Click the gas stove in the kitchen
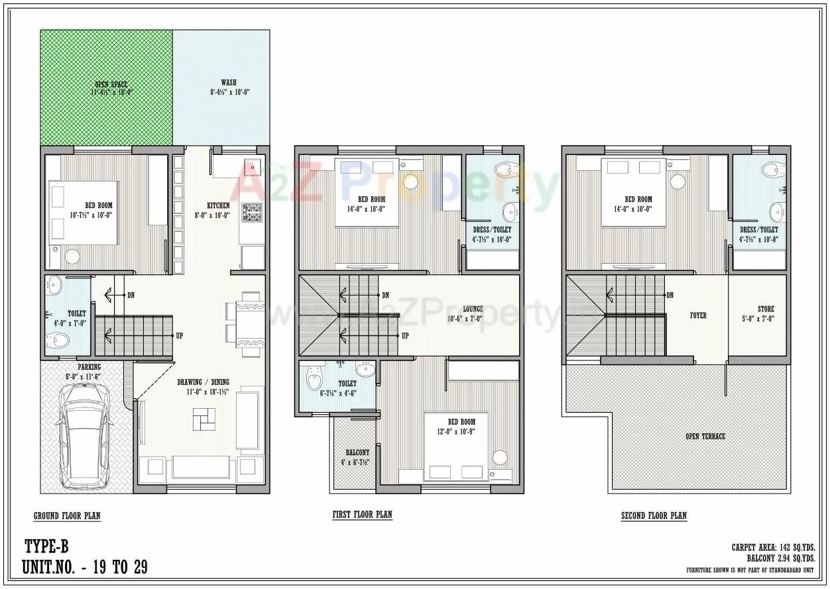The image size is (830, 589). [252, 212]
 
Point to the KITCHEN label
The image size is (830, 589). [218, 205]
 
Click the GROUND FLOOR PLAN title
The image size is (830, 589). [67, 515]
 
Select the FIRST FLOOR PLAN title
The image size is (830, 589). [362, 515]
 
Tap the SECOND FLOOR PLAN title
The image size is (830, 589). [654, 515]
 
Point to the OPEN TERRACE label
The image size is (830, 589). [705, 436]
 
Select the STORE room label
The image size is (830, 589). [766, 309]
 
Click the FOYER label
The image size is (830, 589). [698, 315]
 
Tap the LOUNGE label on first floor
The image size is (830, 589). [473, 309]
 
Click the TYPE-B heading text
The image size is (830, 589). [46, 547]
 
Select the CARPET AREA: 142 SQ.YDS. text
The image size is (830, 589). [773, 547]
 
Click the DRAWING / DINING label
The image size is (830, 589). [203, 382]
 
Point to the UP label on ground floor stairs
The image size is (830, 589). [179, 336]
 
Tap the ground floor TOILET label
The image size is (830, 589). [76, 313]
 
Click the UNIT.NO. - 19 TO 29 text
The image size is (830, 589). [84, 567]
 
